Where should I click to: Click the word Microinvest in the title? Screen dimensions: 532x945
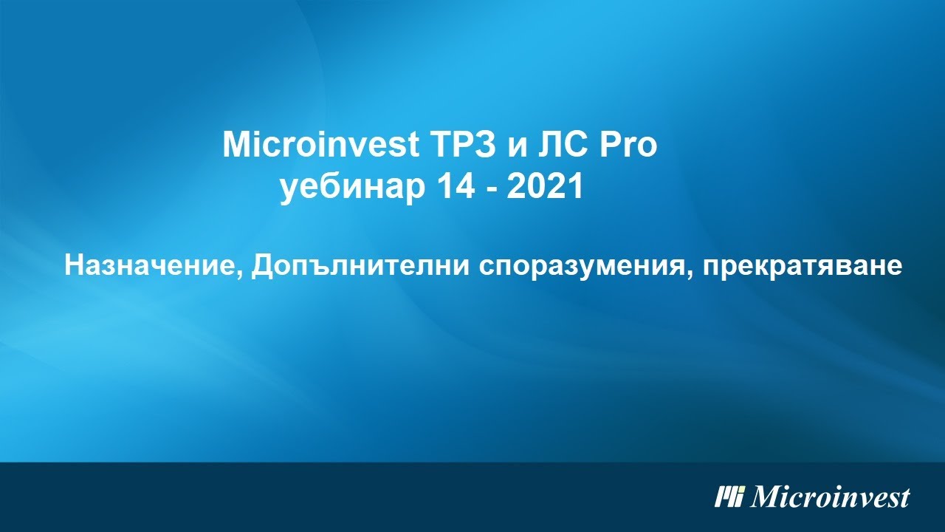320,146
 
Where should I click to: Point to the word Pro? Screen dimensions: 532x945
627,146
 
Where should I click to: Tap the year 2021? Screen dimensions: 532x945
546,188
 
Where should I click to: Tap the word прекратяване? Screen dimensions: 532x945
803,267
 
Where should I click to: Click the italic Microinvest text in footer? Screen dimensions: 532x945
830,497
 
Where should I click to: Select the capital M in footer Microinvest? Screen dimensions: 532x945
766,497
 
